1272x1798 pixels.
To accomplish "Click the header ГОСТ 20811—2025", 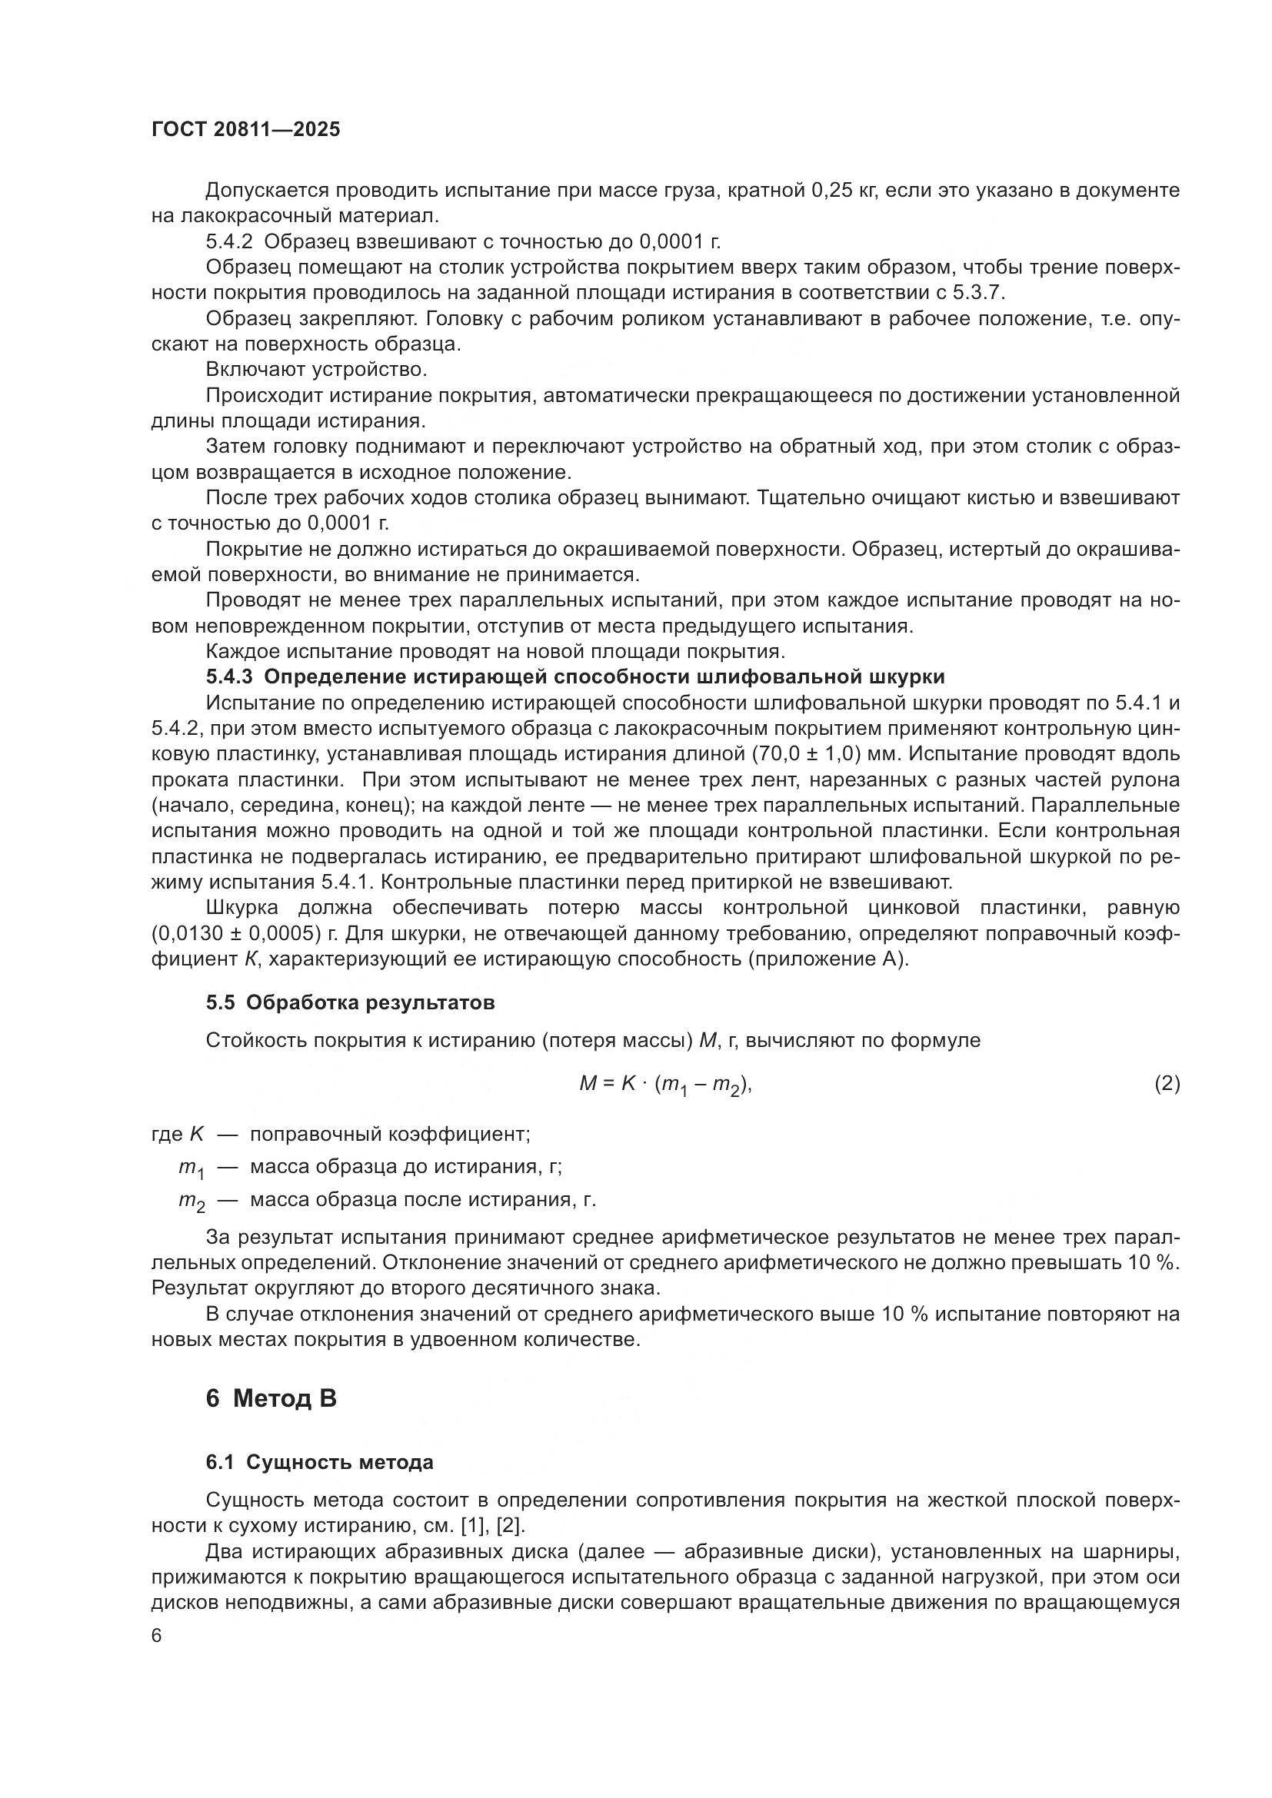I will (246, 130).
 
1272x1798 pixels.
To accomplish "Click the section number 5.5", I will (220, 1002).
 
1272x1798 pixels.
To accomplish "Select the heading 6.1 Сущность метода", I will (320, 1462).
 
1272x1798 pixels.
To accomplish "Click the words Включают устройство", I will (315, 369).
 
